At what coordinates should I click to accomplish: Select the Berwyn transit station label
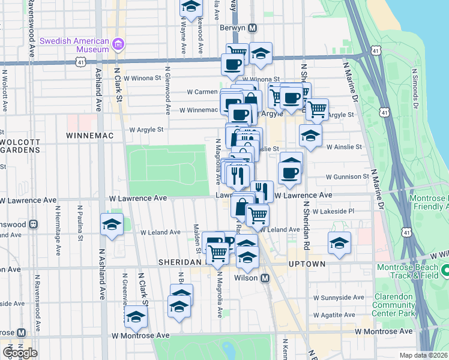click(237, 28)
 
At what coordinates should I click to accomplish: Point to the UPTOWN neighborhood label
click(307, 264)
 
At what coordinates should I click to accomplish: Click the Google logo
click(19, 353)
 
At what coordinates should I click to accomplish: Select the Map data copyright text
click(424, 355)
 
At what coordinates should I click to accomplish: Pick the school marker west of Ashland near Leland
click(112, 224)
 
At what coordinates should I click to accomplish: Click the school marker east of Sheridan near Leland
click(339, 243)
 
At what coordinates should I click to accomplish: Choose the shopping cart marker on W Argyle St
click(316, 109)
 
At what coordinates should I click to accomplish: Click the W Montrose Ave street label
click(384, 331)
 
